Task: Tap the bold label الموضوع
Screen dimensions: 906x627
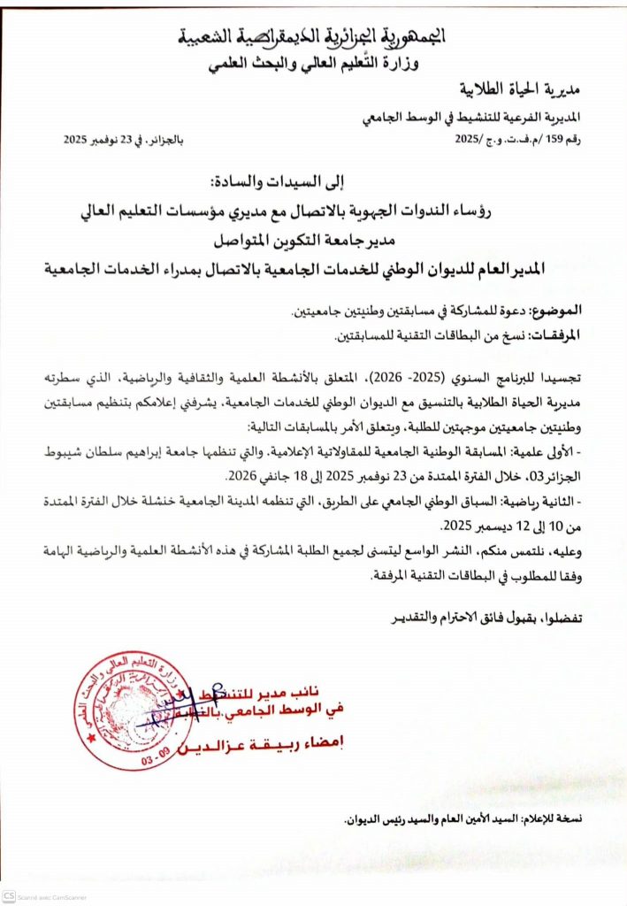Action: (x=559, y=311)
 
